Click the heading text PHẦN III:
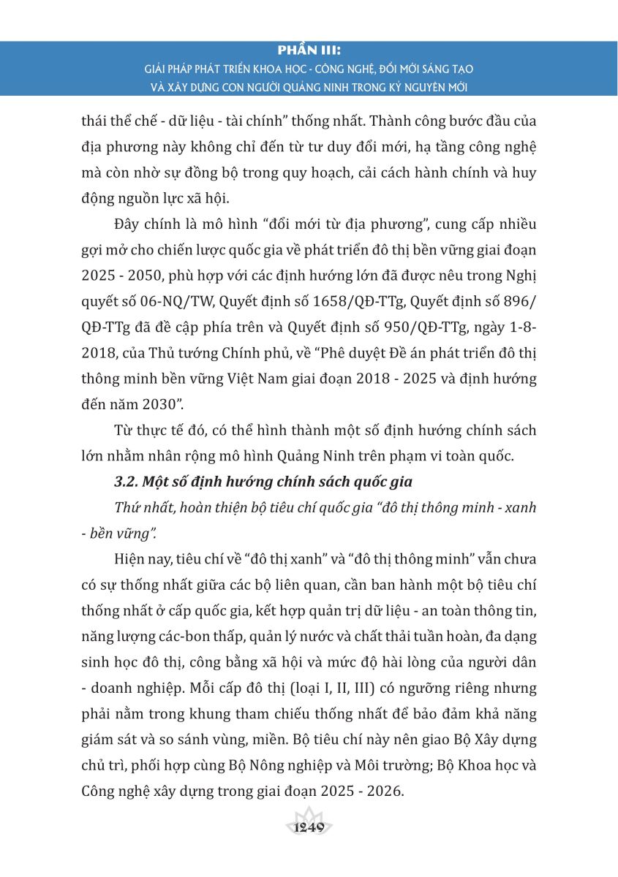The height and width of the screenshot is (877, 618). tap(309, 52)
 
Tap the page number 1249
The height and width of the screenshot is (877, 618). tap(308, 828)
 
